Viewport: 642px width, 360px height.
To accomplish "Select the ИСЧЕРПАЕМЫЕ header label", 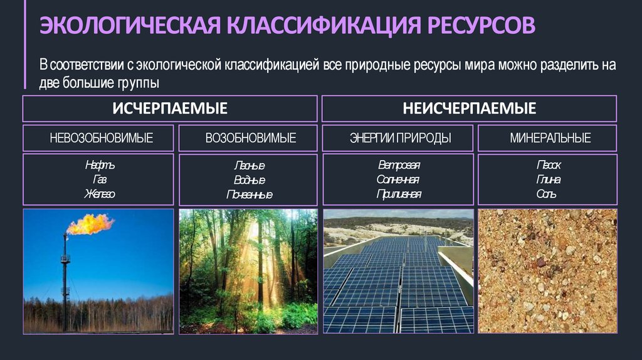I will [x=170, y=109].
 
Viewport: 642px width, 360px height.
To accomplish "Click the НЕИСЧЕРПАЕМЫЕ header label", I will [x=470, y=109].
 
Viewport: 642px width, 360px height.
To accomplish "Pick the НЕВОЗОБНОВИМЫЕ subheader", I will [x=101, y=138].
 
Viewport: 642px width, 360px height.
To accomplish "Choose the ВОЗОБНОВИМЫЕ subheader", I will [x=251, y=138].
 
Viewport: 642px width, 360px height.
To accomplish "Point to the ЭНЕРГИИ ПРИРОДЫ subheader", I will [x=400, y=138].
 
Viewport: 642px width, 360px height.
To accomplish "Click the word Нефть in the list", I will [x=100, y=166].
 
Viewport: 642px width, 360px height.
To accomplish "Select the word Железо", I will [x=100, y=194].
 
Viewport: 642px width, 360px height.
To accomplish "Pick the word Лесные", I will [x=249, y=166].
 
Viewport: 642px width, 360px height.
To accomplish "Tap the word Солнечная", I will [x=399, y=180].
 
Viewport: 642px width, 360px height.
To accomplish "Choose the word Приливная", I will [x=399, y=194].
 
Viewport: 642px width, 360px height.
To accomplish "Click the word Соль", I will [x=547, y=194].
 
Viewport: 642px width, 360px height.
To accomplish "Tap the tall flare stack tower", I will [x=65, y=276].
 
